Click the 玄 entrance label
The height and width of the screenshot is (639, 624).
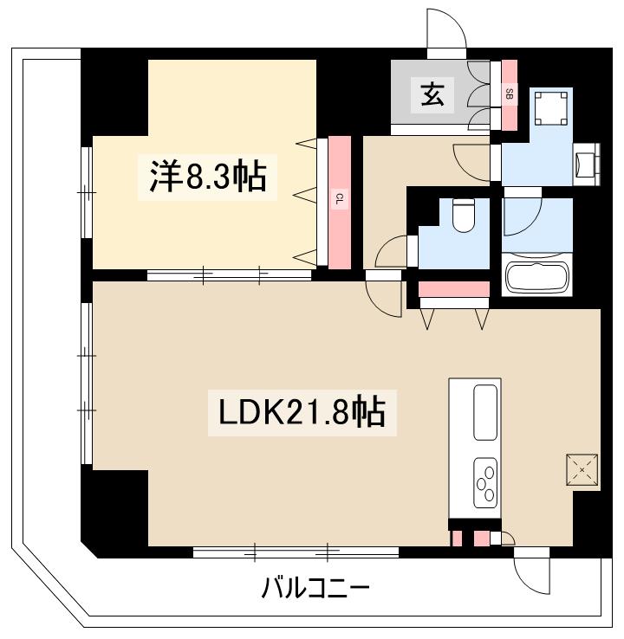(432, 94)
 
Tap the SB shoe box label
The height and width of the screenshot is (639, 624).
(510, 94)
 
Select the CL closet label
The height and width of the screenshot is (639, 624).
(340, 201)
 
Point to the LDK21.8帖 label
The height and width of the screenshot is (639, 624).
(302, 412)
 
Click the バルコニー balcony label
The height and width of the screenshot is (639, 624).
(315, 590)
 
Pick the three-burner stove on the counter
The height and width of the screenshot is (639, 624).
(485, 482)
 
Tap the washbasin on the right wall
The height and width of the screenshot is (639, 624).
(587, 165)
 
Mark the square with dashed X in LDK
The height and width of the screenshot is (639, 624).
(582, 471)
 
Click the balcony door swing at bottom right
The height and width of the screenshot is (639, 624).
(532, 571)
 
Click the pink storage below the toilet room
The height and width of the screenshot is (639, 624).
(454, 288)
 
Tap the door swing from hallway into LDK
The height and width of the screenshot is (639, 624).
(383, 297)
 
